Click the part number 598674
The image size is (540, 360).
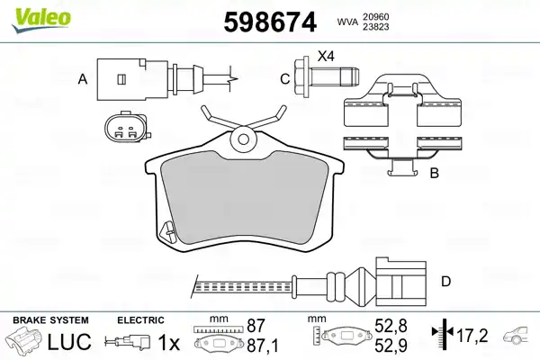point(270,22)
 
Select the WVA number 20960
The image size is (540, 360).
point(375,17)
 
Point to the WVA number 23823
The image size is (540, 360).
point(375,27)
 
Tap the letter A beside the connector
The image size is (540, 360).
point(83,79)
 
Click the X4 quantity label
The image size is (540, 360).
point(326,56)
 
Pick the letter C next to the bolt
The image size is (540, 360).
point(284,79)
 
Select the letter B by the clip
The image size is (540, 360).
point(435,173)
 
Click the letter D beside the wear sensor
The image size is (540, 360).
point(446,282)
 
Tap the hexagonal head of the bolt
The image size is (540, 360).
point(302,76)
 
